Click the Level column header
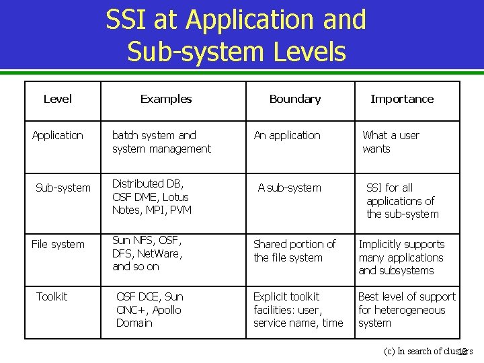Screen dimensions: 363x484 click(57, 99)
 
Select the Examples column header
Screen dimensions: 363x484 click(165, 99)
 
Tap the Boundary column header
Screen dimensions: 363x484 click(294, 99)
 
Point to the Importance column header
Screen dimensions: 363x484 click(402, 99)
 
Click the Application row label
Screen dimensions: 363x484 click(58, 135)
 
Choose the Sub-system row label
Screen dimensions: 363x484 click(63, 188)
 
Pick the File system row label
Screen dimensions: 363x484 click(58, 244)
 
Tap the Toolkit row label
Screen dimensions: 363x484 click(52, 296)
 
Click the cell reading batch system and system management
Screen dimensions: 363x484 click(161, 142)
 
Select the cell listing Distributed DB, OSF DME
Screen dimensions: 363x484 click(151, 196)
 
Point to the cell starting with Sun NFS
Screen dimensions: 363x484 click(147, 253)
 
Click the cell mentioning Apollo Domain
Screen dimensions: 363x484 click(149, 309)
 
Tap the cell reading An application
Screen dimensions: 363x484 click(287, 135)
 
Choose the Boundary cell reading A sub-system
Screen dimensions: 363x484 click(290, 188)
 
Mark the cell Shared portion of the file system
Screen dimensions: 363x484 click(294, 251)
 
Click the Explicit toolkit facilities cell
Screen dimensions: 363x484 click(298, 309)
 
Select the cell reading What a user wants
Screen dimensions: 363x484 click(391, 142)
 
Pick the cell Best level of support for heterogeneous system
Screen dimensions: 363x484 click(407, 309)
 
